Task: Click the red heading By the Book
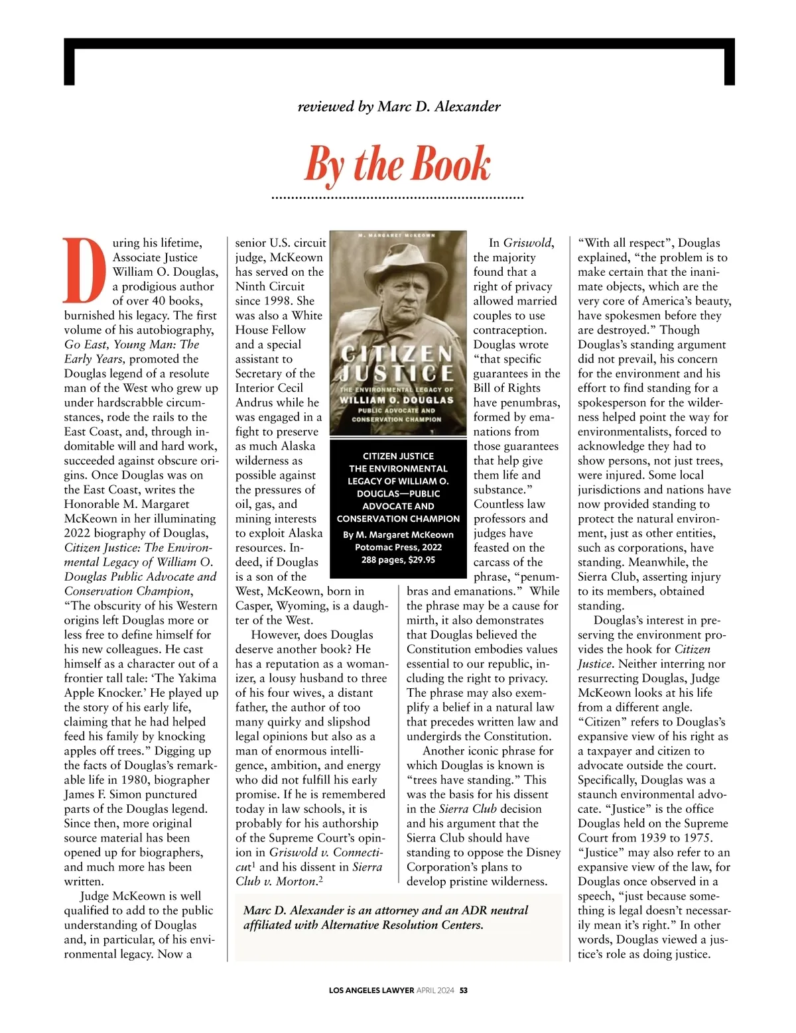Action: pos(397,164)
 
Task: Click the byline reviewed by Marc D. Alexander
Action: pos(399,106)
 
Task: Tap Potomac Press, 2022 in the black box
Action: pos(398,547)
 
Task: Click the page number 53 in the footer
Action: pos(464,991)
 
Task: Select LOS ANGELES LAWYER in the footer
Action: pos(371,991)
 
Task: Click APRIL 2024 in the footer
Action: pos(435,991)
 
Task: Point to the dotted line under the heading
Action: pos(398,198)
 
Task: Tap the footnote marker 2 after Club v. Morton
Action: pos(320,879)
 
